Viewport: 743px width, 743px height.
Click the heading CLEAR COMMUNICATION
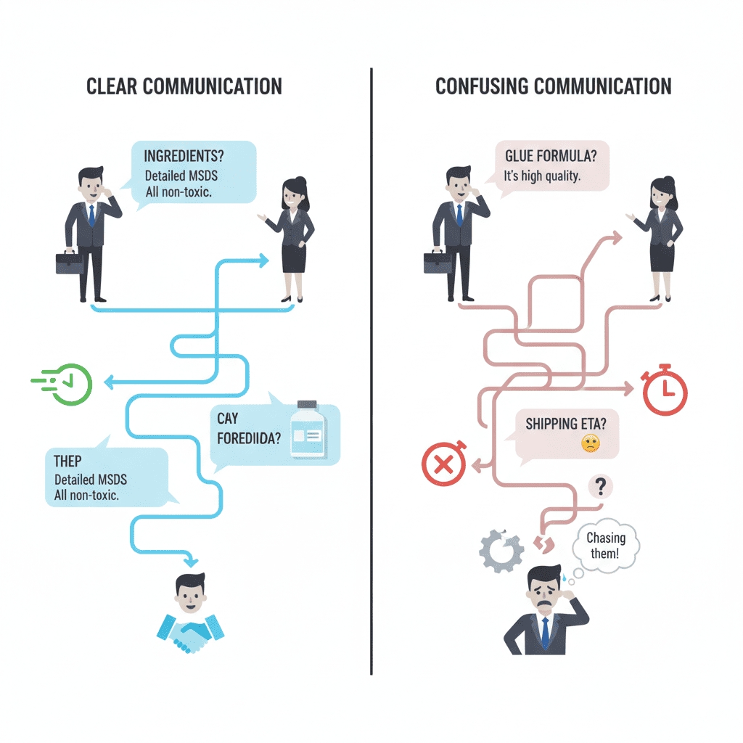pyautogui.click(x=184, y=86)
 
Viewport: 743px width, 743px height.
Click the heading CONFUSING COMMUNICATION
pyautogui.click(x=553, y=86)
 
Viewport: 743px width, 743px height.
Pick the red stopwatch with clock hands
pyautogui.click(x=665, y=393)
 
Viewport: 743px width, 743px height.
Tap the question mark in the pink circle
pyautogui.click(x=599, y=486)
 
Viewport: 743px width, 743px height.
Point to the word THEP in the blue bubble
pyautogui.click(x=67, y=461)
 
